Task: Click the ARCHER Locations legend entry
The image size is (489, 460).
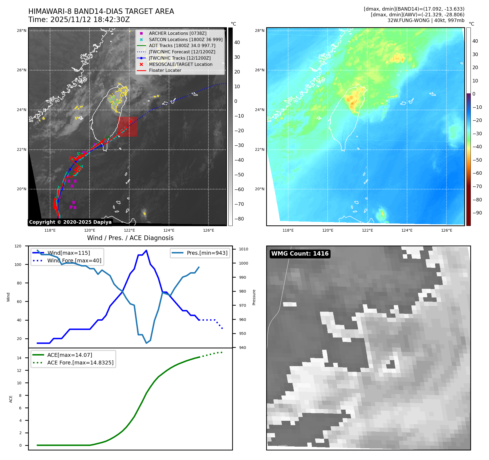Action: coord(177,33)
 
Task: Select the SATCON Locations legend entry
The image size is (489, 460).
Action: coord(186,39)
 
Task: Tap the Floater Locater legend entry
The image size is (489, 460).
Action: coord(165,70)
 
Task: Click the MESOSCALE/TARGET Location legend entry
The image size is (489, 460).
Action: coord(180,64)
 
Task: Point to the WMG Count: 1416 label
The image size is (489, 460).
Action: coord(300,254)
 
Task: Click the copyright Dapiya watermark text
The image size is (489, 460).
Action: coord(70,222)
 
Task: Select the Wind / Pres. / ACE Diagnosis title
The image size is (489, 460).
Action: coord(130,238)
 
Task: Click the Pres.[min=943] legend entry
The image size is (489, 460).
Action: coord(207,253)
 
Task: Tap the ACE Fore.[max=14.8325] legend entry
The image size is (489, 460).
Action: coord(80,363)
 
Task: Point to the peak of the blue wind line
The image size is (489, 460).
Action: coord(146,250)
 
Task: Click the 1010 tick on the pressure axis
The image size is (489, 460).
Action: coord(243,249)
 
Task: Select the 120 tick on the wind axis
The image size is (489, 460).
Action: coord(18,246)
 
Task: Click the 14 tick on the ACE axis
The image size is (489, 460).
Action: coord(19,358)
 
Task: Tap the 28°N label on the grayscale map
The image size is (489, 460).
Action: coord(21,30)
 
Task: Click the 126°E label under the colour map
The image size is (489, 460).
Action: coord(447,230)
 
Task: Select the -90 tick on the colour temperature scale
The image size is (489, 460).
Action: coord(477,213)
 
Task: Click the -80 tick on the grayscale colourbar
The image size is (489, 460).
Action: coord(239,219)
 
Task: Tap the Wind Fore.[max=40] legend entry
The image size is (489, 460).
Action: coord(74,260)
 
